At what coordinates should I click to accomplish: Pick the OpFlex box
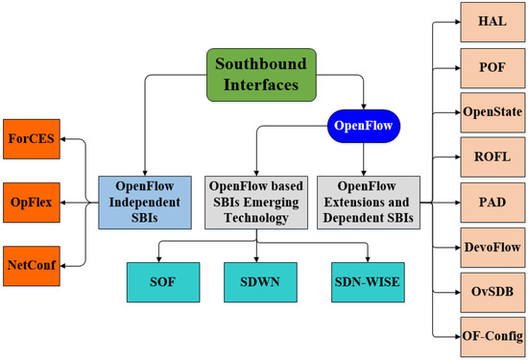point(32,203)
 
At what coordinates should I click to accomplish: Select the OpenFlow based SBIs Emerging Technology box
point(256,203)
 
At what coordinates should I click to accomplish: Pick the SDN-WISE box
point(368,283)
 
